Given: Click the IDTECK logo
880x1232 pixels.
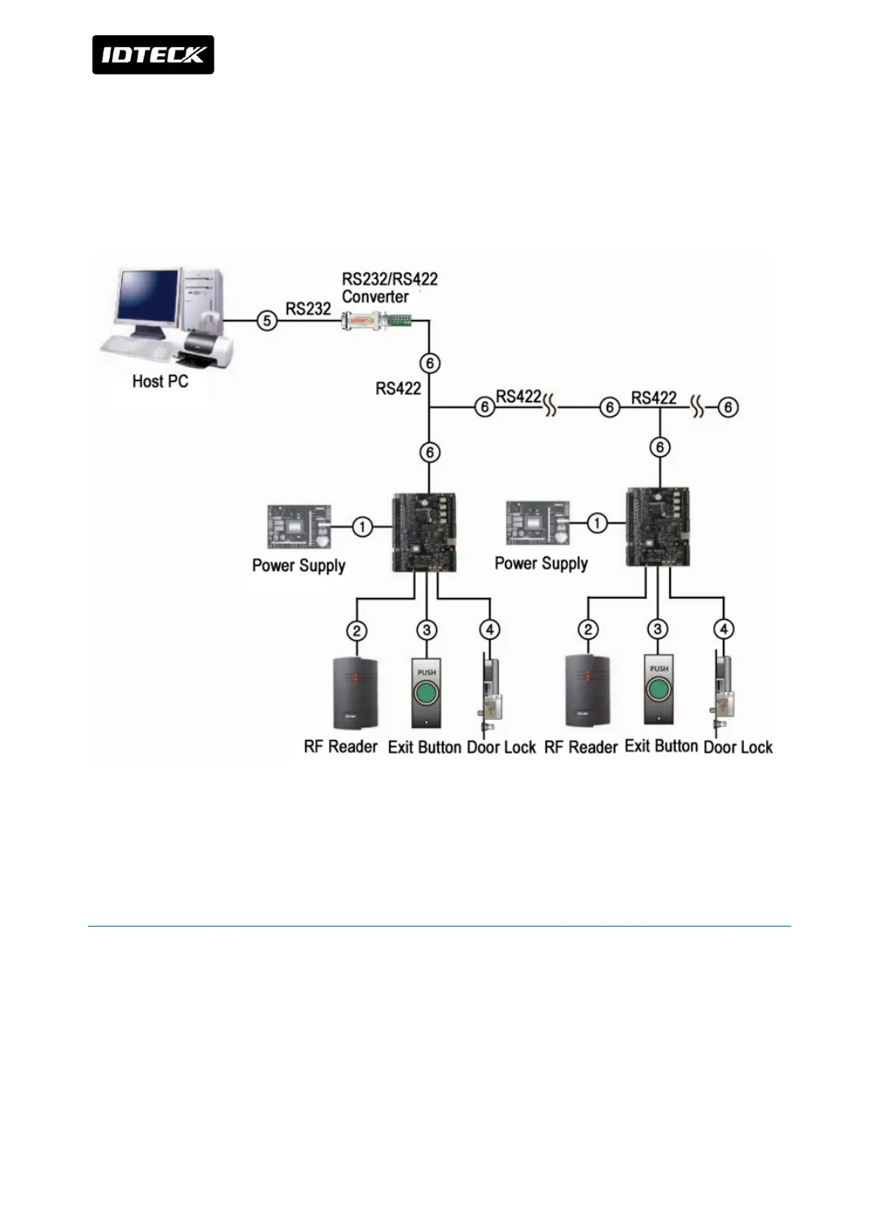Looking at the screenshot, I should point(153,55).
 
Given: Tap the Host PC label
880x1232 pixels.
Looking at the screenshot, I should point(160,381).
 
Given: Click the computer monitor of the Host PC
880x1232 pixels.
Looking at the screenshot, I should point(147,300).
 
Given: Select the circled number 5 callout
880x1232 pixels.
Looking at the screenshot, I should point(266,321).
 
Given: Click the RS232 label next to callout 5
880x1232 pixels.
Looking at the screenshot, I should point(308,309).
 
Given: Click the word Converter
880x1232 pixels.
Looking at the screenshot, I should point(374,297).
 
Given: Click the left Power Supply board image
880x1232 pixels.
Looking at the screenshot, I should point(299,527).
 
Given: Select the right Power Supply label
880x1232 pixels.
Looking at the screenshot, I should point(541,563).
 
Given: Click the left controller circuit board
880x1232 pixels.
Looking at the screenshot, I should point(424,532).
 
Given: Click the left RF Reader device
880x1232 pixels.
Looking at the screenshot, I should point(356,693).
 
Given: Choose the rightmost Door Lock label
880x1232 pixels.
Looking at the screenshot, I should point(738,747).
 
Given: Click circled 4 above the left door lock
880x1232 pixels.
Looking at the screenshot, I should point(489,629).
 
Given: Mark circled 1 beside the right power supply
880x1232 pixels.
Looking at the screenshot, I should point(597,523).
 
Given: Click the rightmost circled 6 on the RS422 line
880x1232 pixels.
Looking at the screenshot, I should point(728,407).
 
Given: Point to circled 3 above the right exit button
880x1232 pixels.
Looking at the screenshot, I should point(657,629).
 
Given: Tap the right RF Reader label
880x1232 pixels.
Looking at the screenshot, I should point(580,747).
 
